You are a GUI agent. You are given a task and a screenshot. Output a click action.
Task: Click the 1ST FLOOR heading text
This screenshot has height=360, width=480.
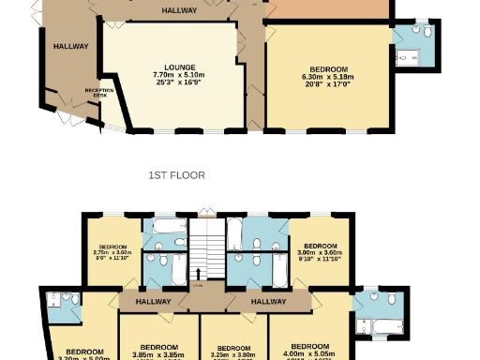tap(176, 175)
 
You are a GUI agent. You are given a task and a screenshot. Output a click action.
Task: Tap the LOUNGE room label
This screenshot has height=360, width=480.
tap(179, 67)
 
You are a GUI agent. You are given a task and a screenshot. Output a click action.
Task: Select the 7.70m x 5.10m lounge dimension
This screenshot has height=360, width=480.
tap(179, 75)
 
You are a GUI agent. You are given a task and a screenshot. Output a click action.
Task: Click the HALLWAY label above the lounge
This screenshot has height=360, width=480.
tap(179, 11)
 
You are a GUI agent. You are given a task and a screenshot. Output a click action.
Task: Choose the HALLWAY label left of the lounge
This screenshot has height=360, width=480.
tap(70, 46)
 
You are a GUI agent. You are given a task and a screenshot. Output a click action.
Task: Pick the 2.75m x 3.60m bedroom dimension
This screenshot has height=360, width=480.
tap(113, 252)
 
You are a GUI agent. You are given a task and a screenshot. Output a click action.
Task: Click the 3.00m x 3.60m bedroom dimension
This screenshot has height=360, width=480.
tap(315, 252)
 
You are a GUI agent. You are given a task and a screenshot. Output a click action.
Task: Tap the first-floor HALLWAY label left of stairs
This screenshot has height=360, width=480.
tap(153, 302)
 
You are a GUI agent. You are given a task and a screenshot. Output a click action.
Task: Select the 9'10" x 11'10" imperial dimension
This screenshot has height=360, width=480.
tap(315, 260)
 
